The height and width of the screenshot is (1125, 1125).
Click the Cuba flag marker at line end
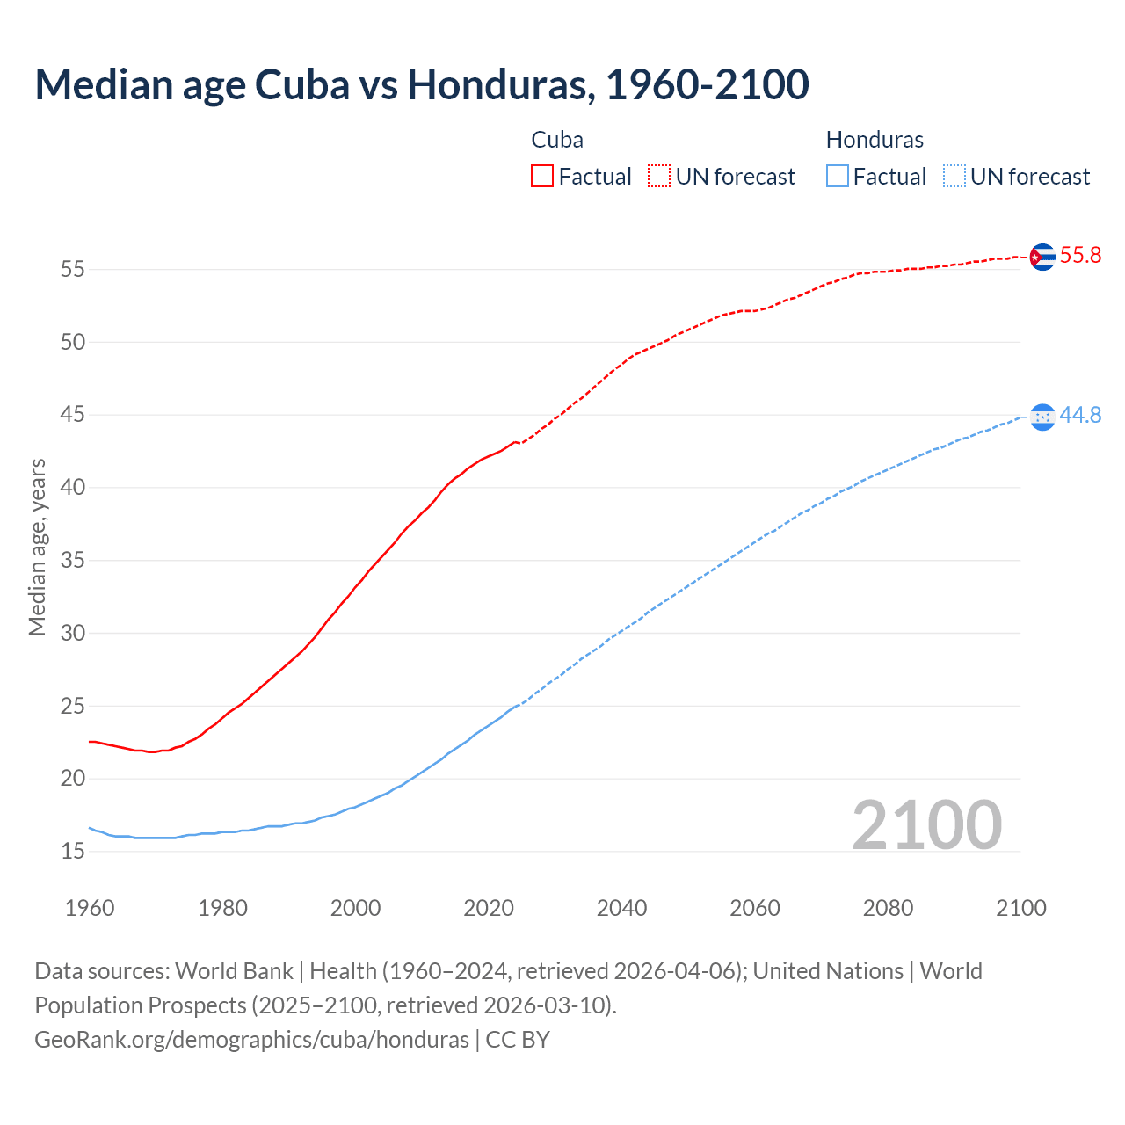(1042, 257)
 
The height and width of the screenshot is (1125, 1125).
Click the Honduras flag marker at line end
(1042, 417)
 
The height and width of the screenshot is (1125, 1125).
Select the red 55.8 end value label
(1080, 256)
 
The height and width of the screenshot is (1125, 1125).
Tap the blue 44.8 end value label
(1080, 416)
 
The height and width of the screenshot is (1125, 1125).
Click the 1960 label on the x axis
(90, 908)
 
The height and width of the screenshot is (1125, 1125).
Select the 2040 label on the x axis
(621, 908)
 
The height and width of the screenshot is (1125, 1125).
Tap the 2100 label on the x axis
(1020, 908)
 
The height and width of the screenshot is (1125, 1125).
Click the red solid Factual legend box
(542, 177)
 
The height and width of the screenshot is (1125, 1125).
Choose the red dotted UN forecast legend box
(659, 177)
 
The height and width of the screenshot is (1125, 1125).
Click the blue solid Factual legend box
(837, 177)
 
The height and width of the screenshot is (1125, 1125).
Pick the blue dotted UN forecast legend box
(954, 177)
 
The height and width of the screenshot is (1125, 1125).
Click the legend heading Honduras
(875, 140)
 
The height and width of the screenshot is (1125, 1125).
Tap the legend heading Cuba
(557, 140)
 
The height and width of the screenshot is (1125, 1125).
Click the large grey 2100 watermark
(926, 824)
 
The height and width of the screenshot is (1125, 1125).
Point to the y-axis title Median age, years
(37, 547)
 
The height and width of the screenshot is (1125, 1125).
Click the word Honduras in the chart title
(497, 84)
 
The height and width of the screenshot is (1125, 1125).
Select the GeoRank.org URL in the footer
(251, 1039)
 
